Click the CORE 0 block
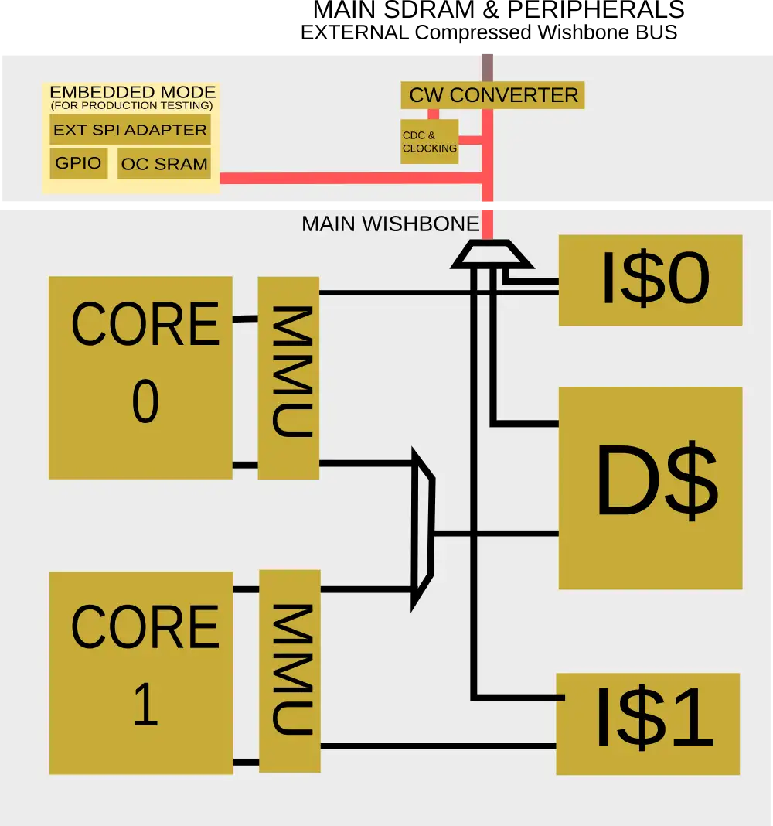[141, 377]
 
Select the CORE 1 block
[141, 673]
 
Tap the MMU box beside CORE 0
[288, 377]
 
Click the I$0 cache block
[650, 280]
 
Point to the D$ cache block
[650, 488]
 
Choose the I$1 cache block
[648, 724]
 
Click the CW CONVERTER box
[493, 95]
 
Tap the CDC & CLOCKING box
[429, 142]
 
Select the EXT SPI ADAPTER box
[130, 130]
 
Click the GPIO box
[78, 164]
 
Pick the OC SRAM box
[164, 164]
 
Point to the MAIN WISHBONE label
[390, 224]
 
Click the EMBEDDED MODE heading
[130, 93]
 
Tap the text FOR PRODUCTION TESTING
[131, 105]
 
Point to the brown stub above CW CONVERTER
[487, 66]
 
